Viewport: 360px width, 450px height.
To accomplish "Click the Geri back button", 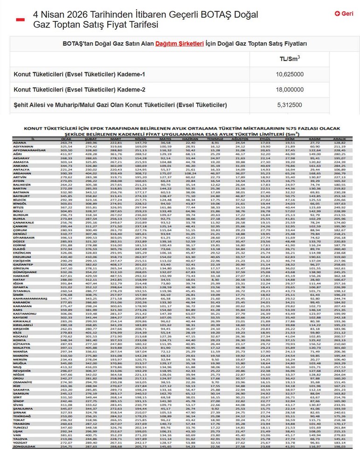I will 344,14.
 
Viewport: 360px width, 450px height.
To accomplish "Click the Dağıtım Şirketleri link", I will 180,44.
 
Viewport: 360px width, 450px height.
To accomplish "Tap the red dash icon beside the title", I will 20,19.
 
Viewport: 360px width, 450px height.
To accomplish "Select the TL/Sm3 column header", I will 290,59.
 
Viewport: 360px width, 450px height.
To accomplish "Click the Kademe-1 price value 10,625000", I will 290,74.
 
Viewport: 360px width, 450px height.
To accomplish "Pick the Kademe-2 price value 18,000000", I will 290,90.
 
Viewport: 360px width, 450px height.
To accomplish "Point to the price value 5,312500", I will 290,105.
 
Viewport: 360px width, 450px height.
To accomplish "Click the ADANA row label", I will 20,143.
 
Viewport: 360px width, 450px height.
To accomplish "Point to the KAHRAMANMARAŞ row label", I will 30,298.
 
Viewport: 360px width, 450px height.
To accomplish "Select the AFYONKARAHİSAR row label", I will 30,151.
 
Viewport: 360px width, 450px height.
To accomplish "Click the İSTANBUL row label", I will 21,291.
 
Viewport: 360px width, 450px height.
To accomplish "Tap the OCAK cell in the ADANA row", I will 67,143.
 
